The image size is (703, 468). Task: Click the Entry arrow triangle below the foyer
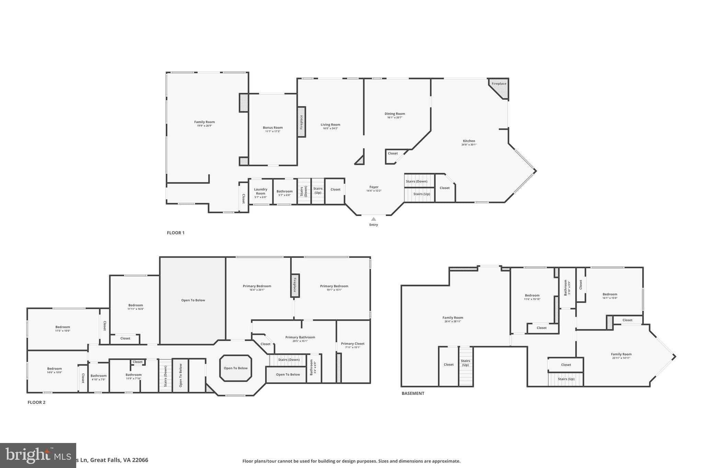point(373,219)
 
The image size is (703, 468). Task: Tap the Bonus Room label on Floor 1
point(273,128)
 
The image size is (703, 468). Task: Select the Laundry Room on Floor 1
point(261,192)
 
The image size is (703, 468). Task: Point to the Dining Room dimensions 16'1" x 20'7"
point(395,118)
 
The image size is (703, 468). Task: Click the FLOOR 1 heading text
point(175,233)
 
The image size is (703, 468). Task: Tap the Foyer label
point(374,187)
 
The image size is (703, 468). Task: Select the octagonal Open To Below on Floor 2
point(235,368)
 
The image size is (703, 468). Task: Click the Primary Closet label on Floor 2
point(353,344)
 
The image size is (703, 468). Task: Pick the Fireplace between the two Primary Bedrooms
point(295,285)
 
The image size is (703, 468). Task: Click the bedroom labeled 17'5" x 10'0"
point(62,328)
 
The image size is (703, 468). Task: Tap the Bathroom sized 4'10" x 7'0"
point(99,377)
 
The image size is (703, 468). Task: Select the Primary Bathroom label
point(300,337)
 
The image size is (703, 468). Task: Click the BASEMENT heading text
point(413,393)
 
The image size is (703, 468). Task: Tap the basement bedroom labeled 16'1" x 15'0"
point(610,296)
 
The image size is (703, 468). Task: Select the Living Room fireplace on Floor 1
point(301,122)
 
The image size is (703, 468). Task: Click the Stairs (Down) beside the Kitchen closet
point(417,181)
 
